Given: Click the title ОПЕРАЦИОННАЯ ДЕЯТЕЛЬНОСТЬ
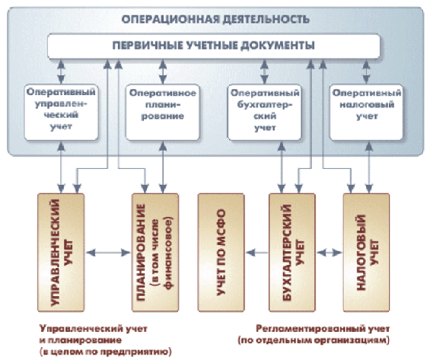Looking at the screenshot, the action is (215, 20).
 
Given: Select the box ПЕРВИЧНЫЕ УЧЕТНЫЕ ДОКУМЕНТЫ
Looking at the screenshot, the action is (214, 46).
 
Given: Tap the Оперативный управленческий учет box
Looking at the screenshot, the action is (61, 113).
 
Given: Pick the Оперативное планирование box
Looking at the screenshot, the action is (163, 113).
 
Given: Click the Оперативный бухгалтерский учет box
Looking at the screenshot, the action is (265, 113).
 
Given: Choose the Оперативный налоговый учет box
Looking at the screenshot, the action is (367, 113).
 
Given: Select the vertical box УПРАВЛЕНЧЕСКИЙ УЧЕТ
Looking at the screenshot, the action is (61, 253).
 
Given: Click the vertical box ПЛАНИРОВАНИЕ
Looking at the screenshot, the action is (155, 253).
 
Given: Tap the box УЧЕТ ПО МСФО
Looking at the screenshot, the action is (221, 253).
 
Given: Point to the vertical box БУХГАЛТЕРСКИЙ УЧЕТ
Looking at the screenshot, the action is (292, 253).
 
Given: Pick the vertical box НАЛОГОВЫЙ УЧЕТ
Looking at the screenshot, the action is (366, 253).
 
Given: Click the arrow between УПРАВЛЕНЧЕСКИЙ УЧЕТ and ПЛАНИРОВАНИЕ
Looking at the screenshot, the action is (108, 253).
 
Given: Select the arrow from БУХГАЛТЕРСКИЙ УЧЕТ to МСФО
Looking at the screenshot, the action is (256, 253).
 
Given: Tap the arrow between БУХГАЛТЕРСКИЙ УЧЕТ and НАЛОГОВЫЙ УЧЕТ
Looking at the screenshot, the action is (330, 253).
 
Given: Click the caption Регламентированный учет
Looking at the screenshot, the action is (323, 329).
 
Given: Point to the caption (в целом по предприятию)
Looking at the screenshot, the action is (105, 352).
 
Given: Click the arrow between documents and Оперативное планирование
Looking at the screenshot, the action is (163, 72).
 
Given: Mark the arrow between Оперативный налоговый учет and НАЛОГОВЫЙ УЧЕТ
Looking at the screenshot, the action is (369, 167).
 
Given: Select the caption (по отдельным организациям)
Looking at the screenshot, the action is (314, 340).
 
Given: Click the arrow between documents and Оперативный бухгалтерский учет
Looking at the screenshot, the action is (264, 72).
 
